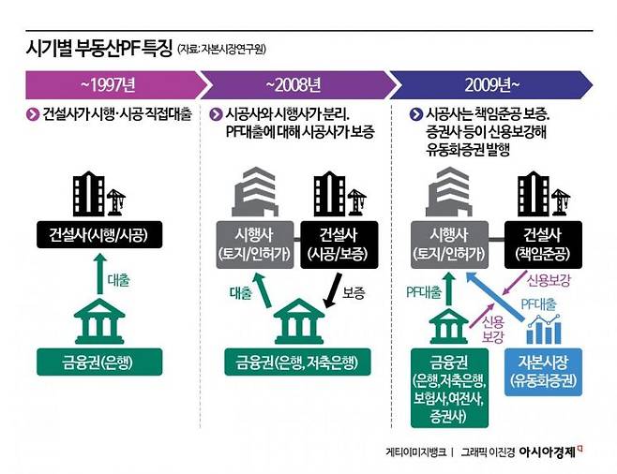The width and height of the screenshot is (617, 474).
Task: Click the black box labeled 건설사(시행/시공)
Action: pos(99,234)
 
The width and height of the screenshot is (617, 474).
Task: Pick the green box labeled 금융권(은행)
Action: pos(99,362)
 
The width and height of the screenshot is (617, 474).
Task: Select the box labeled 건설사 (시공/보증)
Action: pos(339,244)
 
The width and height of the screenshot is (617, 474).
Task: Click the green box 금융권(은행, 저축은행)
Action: pos(297,362)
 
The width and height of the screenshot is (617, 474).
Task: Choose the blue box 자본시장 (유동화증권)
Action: pos(543,372)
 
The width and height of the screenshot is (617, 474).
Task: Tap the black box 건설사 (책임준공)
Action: pos(543,244)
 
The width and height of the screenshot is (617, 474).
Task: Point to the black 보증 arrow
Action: pos(333,290)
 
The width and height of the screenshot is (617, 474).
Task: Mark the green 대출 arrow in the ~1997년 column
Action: pos(100,274)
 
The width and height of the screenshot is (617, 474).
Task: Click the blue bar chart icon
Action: pos(544,330)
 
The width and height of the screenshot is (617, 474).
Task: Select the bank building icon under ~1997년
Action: pos(99,321)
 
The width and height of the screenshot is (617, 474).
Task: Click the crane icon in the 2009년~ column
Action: pos(560,201)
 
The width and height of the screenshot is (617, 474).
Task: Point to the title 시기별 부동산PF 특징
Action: pos(98,49)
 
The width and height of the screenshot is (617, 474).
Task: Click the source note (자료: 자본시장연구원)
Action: pos(222,50)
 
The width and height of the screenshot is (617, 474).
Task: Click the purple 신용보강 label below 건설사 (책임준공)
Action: pos(549,281)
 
